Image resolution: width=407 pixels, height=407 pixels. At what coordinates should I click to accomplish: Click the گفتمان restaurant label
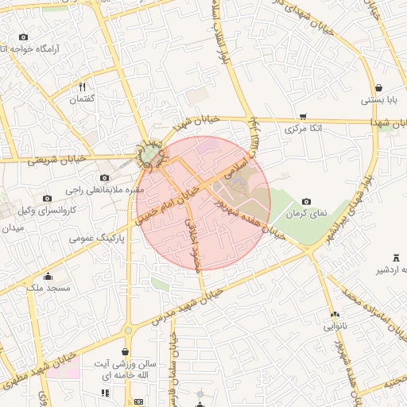[83, 99]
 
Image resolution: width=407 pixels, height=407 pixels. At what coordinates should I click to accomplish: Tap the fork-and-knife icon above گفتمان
[83, 87]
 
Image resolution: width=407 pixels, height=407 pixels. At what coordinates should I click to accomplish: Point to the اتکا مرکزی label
[301, 128]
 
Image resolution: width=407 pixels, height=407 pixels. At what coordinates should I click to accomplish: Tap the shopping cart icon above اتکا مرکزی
[302, 116]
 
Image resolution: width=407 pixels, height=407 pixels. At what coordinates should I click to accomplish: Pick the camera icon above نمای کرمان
[306, 202]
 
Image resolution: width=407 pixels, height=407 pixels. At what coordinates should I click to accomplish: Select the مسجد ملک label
[48, 288]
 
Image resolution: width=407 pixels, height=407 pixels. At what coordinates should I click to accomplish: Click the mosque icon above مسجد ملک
[48, 277]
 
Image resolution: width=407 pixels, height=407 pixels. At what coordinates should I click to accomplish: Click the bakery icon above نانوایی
[334, 315]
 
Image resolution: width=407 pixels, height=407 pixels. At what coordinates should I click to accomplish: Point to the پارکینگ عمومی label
[94, 238]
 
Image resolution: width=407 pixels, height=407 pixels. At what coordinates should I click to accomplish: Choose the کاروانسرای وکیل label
[47, 211]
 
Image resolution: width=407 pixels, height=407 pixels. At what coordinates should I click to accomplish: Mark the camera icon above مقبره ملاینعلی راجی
[104, 178]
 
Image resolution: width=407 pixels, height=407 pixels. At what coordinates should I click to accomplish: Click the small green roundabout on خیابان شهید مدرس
[127, 330]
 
